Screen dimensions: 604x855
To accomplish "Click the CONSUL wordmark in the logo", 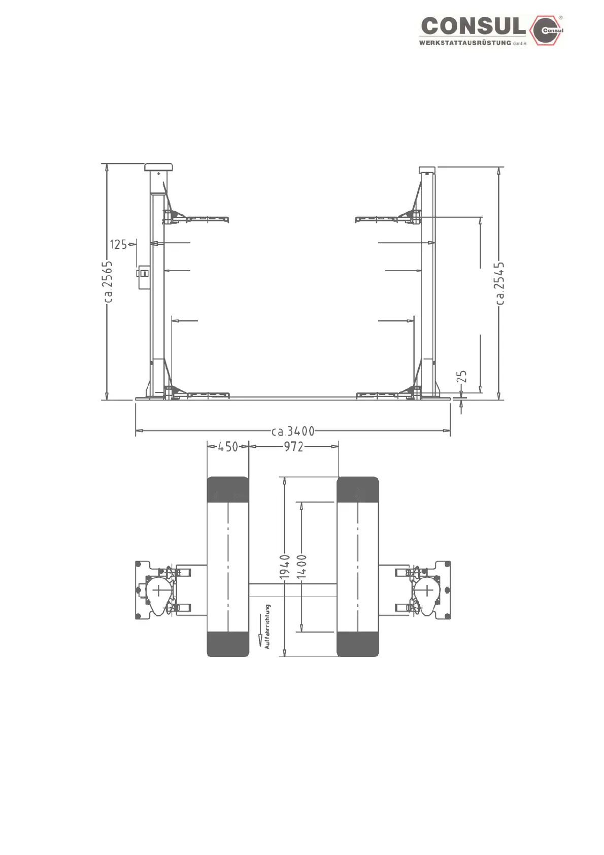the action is (474, 27).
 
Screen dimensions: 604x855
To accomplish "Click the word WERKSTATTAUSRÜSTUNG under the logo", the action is (465, 43).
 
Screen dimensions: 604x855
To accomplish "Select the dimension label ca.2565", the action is (108, 282).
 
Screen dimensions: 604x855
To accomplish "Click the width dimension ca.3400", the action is (293, 432).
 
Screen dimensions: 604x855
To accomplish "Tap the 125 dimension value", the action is (118, 244).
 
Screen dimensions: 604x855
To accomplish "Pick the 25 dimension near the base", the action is (462, 376).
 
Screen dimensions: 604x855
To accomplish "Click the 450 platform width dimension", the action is (228, 447).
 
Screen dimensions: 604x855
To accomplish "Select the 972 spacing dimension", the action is (293, 447).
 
